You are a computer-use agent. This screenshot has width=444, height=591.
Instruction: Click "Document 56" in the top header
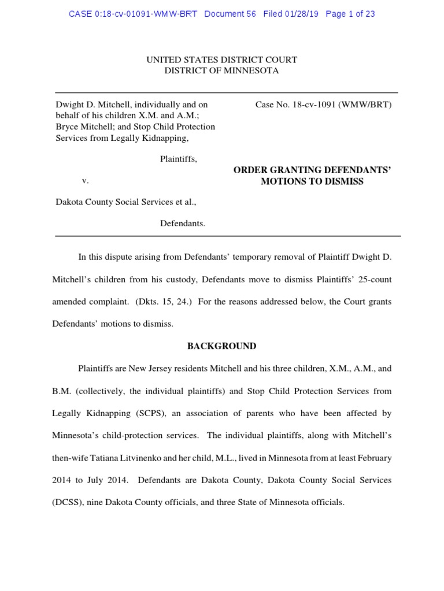pyautogui.click(x=230, y=14)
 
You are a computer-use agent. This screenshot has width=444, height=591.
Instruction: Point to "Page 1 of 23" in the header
pyautogui.click(x=350, y=14)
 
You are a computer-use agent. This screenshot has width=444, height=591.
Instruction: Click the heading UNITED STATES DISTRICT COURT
pyautogui.click(x=221, y=59)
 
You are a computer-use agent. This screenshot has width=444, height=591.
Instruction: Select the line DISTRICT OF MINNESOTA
pyautogui.click(x=221, y=70)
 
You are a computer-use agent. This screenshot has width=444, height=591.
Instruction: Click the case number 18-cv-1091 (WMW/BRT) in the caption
pyautogui.click(x=323, y=104)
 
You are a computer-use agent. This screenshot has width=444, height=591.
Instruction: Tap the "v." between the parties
pyautogui.click(x=85, y=180)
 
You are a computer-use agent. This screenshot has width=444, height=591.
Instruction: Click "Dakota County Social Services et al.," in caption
pyautogui.click(x=125, y=202)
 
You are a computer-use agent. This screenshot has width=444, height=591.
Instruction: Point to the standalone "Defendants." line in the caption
pyautogui.click(x=182, y=223)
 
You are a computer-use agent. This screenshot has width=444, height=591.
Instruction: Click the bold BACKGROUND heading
pyautogui.click(x=221, y=346)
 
